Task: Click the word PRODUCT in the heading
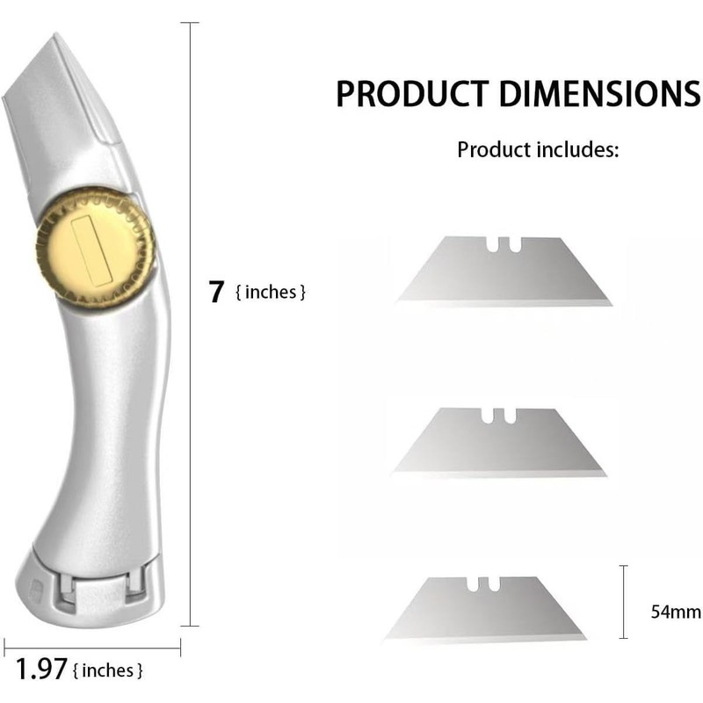(x=411, y=94)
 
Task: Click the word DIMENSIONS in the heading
(x=599, y=94)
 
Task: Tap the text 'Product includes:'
(x=538, y=149)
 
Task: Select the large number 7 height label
(x=216, y=292)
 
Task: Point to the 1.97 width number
(x=41, y=669)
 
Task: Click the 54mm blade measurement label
(x=676, y=612)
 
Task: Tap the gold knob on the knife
(x=96, y=250)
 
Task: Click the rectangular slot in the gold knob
(x=91, y=250)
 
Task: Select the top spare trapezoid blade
(x=504, y=272)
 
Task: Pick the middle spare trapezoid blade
(x=498, y=442)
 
